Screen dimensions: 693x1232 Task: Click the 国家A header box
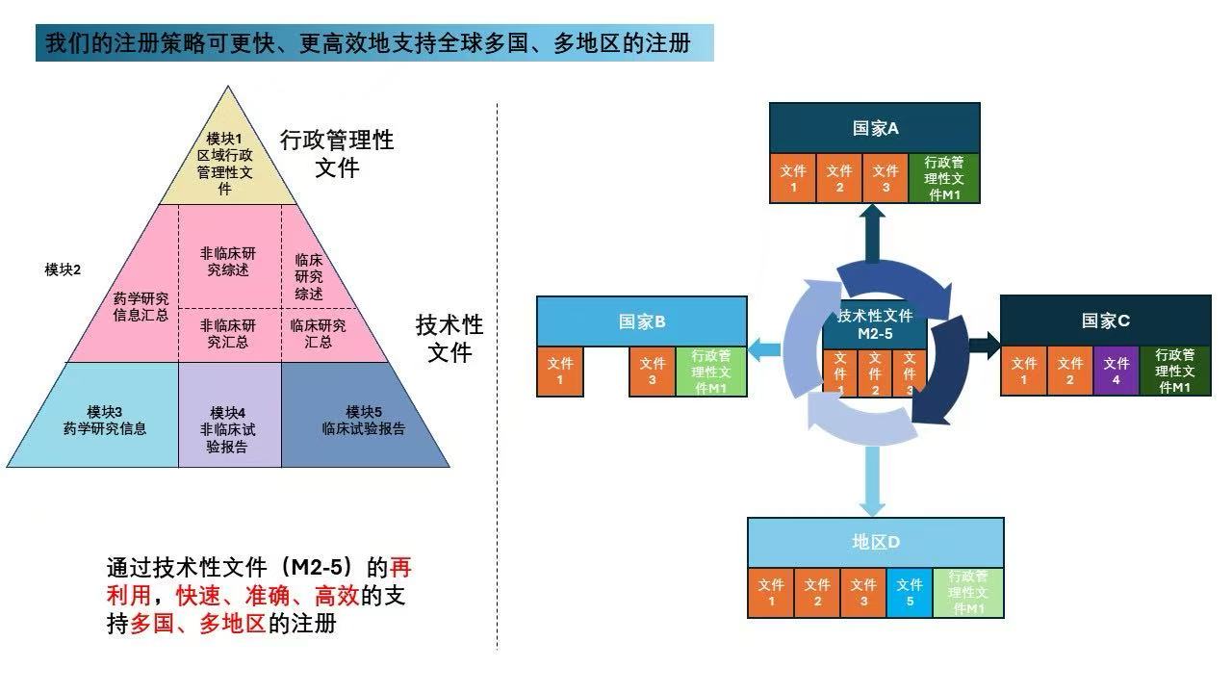[875, 128]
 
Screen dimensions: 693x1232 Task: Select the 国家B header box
[642, 321]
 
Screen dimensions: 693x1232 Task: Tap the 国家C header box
[1105, 321]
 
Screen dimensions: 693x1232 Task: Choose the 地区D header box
[875, 542]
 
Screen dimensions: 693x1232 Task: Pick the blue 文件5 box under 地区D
[910, 593]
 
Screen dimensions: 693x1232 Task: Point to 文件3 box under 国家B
[653, 372]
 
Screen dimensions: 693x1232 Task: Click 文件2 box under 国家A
[839, 179]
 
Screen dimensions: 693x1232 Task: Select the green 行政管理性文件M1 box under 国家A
[944, 179]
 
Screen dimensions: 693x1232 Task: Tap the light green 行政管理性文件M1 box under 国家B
[711, 372]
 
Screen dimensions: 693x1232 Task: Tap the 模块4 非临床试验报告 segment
[229, 429]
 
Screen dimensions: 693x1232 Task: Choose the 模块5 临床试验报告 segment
[364, 421]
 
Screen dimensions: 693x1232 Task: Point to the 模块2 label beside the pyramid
[63, 269]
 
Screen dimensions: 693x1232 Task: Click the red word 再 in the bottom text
[401, 566]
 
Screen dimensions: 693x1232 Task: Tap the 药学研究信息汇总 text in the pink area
[141, 306]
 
